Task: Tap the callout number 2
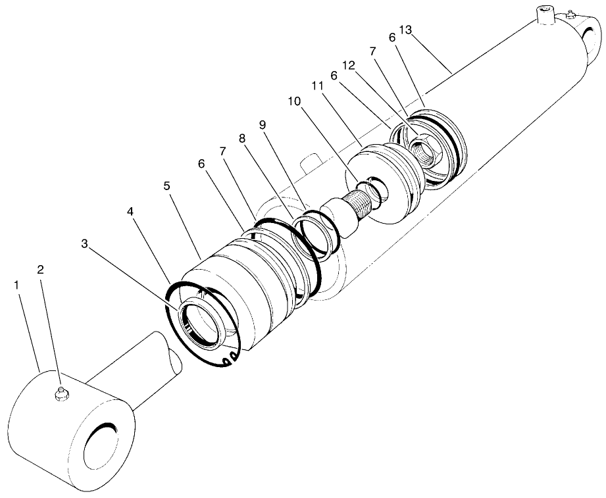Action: click(x=40, y=270)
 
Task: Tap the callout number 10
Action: click(x=293, y=103)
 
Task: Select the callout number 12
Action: click(x=349, y=66)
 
